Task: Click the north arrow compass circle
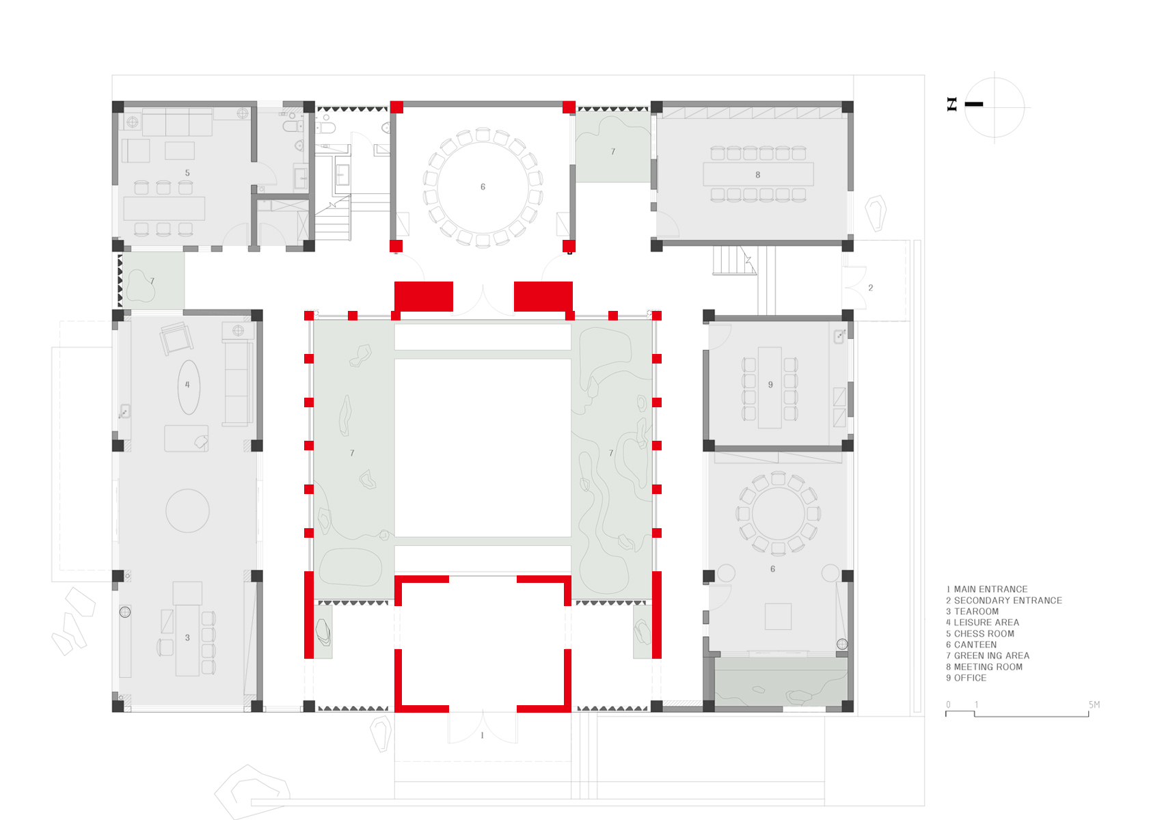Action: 995,107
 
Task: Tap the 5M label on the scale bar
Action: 1094,705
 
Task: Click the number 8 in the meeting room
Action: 757,175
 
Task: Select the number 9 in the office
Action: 770,385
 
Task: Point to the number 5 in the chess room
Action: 187,173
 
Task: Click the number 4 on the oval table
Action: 187,385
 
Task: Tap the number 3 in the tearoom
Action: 187,638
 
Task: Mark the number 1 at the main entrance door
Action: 483,735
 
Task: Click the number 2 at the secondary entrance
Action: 870,288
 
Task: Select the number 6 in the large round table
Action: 483,187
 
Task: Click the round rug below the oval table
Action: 187,510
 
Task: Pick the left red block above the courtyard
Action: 424,297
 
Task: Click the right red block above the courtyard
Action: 543,297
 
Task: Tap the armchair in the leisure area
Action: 176,338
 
